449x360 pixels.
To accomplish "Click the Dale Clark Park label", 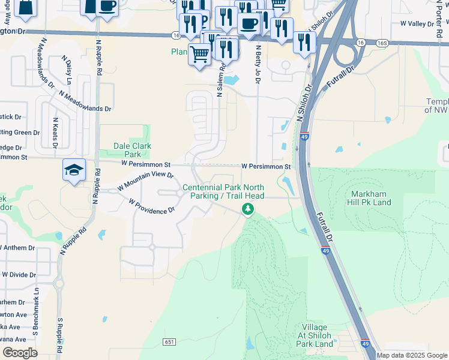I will tap(133, 150).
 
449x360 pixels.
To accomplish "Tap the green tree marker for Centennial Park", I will tap(247, 209).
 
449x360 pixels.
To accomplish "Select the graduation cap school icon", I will tap(74, 171).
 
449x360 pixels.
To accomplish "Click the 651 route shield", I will tap(169, 341).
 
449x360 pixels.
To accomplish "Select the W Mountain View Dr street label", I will tap(145, 181).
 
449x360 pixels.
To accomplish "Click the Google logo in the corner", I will tap(20, 353).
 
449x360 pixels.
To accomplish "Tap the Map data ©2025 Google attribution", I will tap(412, 355).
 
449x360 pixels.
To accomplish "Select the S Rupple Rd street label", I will tap(60, 338).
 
